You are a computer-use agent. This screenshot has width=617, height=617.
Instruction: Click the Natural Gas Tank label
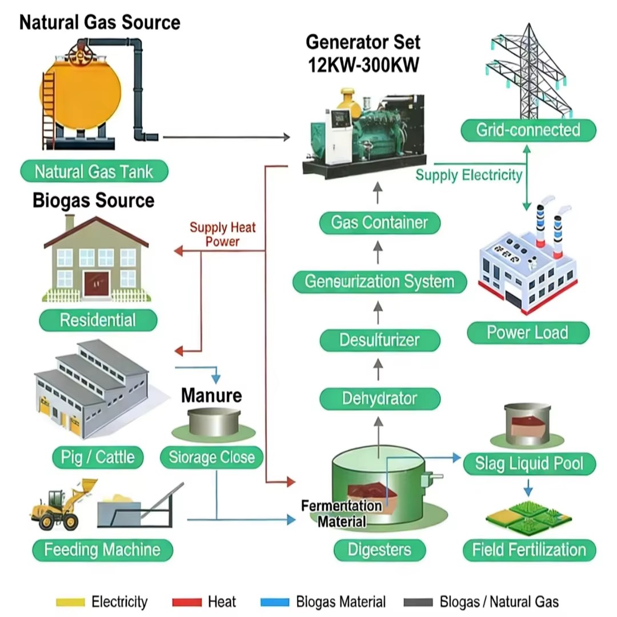coord(94,171)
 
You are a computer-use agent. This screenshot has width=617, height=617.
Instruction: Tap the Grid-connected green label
coord(528,130)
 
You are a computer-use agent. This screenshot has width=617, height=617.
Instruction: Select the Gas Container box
coord(379,223)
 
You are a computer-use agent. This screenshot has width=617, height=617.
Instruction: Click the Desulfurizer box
coord(379,340)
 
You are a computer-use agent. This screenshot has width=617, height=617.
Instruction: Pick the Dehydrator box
coord(379,399)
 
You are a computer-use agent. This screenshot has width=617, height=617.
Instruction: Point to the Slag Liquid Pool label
coord(529,463)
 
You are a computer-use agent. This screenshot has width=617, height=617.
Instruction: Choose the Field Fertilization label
coord(529,550)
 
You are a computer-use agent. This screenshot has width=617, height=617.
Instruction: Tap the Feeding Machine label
coord(102,550)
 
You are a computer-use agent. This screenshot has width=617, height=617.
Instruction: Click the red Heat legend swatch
coord(187,602)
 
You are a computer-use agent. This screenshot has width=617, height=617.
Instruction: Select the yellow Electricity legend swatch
coord(70,602)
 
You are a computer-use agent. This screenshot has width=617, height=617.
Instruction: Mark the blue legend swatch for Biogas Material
coord(275,602)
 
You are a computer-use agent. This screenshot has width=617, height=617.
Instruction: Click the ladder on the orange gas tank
coord(48,110)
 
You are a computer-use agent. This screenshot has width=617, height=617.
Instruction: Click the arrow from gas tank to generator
coord(227,137)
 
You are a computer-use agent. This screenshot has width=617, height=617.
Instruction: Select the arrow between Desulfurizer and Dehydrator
coord(378,369)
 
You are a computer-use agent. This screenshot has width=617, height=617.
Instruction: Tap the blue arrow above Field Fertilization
coord(528,488)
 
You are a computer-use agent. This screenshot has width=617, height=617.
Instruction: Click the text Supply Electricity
coord(469,175)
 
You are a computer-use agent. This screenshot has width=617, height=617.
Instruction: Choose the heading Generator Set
coord(363,42)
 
